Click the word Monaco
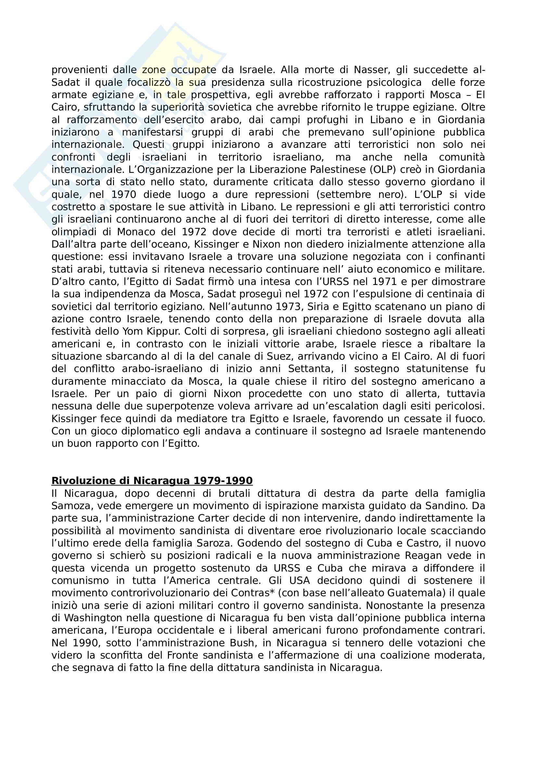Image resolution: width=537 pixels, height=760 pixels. point(136,232)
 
